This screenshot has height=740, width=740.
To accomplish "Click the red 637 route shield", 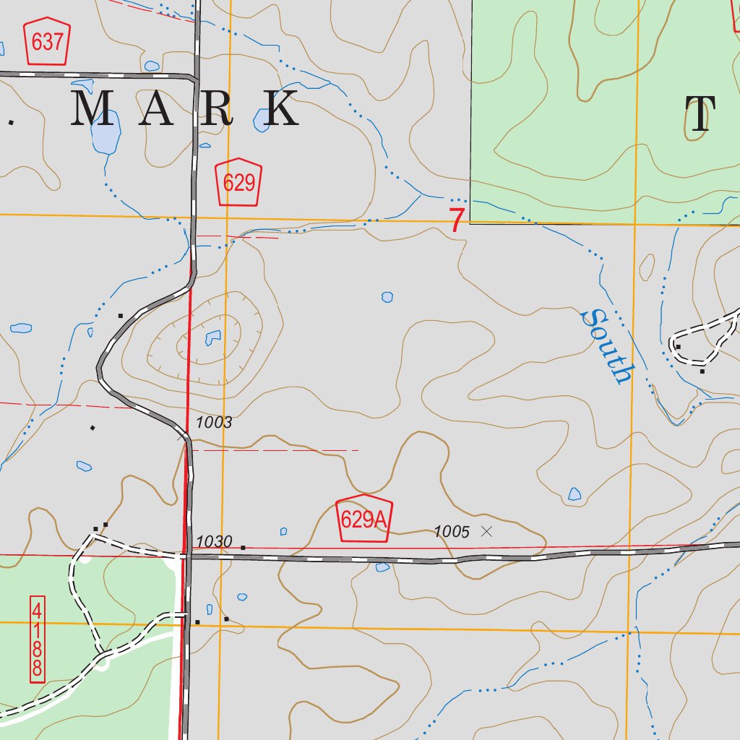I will pyautogui.click(x=48, y=42).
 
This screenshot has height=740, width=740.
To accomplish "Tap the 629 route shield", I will pyautogui.click(x=238, y=182).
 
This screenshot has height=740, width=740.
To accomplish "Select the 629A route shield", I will pyautogui.click(x=364, y=520).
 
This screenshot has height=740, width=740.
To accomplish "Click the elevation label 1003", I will pyautogui.click(x=213, y=423).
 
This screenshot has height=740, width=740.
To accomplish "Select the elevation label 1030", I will pyautogui.click(x=214, y=541).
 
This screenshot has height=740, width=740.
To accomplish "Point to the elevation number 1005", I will pyautogui.click(x=452, y=533).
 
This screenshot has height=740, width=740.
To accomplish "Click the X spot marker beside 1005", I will pyautogui.click(x=486, y=531).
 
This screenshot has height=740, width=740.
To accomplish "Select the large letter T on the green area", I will pyautogui.click(x=700, y=116).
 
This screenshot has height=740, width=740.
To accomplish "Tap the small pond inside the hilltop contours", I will pyautogui.click(x=213, y=336).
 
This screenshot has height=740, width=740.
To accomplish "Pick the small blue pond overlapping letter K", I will pyautogui.click(x=260, y=121).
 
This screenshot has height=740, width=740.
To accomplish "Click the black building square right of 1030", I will pyautogui.click(x=243, y=548).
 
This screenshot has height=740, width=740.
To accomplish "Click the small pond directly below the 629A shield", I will pyautogui.click(x=382, y=567).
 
